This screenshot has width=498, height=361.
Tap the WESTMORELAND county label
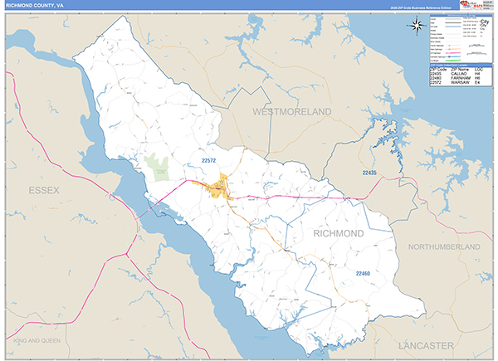click(291, 111)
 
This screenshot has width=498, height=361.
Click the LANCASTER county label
click(425, 344)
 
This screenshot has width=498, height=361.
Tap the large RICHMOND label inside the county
click(338, 234)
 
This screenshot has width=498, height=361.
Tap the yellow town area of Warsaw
click(219, 186)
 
